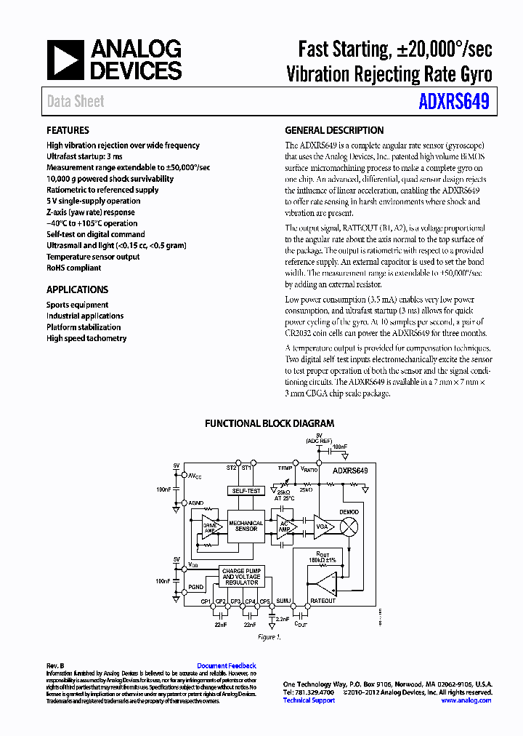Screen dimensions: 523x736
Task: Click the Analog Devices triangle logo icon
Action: [x=65, y=60]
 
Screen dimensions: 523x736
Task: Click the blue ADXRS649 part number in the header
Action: [x=453, y=101]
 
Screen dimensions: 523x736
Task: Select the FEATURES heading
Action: [x=68, y=131]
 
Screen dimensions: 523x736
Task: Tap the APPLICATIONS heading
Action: [x=77, y=289]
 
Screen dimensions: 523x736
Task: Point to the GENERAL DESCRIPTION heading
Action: [x=334, y=131]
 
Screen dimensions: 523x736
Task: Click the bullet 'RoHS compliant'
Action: [x=73, y=268]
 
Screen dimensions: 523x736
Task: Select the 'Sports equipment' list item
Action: [x=77, y=305]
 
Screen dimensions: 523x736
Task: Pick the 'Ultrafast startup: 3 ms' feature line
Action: [x=84, y=156]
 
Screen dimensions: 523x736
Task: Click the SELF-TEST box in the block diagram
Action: [x=246, y=491]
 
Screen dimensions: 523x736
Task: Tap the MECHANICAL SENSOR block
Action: [x=246, y=526]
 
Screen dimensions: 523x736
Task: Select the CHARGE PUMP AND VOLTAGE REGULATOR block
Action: [x=242, y=577]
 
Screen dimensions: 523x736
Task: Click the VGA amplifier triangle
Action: [x=322, y=526]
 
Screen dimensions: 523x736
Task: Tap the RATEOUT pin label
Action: [x=323, y=601]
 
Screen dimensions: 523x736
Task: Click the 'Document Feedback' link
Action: [x=227, y=665]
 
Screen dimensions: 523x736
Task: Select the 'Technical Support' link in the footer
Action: [x=309, y=700]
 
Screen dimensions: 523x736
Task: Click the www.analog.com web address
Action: [x=466, y=700]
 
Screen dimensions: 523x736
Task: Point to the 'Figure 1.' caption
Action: [x=268, y=637]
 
